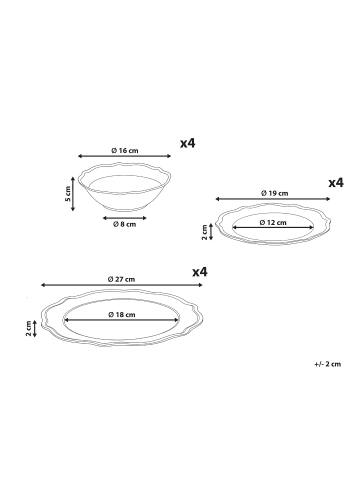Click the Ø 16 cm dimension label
[125, 151]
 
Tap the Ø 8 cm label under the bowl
[124, 224]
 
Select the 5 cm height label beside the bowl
[68, 194]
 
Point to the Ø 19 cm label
[275, 193]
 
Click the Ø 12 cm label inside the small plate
[273, 222]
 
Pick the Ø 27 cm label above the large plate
[122, 279]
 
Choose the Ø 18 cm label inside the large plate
[122, 314]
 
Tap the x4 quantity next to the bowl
[188, 143]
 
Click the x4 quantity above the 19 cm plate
[336, 183]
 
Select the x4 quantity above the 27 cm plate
[200, 272]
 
